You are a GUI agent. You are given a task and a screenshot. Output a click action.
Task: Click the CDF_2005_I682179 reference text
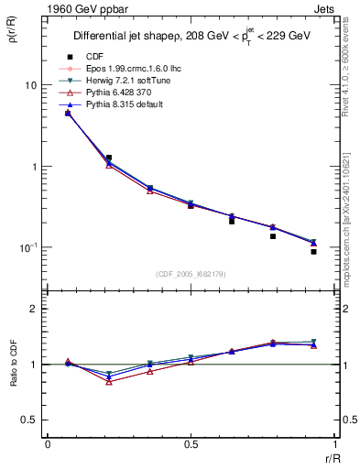191,274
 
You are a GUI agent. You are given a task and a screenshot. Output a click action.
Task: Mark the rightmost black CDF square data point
313,251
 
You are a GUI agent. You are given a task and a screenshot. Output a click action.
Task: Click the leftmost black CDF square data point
68,113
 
